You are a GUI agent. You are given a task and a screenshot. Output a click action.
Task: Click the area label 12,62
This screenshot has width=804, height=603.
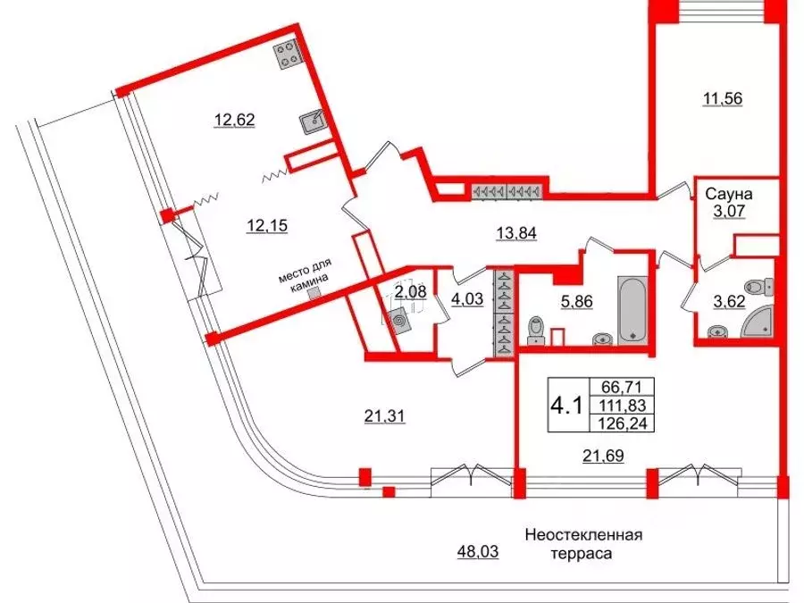pyautogui.click(x=235, y=119)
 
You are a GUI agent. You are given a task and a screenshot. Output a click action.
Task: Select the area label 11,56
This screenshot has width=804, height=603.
pyautogui.click(x=723, y=99)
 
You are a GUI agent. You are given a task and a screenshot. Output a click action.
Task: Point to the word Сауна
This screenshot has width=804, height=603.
pyautogui.click(x=730, y=193)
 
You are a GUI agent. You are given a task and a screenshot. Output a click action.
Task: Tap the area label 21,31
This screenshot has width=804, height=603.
pyautogui.click(x=386, y=415)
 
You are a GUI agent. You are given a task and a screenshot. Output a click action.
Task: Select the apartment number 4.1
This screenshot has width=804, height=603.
pyautogui.click(x=567, y=405)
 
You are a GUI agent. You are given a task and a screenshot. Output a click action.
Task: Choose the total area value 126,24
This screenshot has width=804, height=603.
pyautogui.click(x=628, y=423)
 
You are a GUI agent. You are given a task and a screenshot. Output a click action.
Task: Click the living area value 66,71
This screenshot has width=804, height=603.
pyautogui.click(x=628, y=386)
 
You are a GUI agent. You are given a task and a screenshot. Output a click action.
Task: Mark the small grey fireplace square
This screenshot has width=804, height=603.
pyautogui.click(x=312, y=293)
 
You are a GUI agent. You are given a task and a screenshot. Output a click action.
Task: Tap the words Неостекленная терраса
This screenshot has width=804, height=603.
pyautogui.click(x=583, y=545)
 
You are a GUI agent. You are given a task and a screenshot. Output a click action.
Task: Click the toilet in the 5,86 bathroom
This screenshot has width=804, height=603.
pyautogui.click(x=536, y=329)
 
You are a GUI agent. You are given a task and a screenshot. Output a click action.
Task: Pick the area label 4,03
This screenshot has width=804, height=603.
pyautogui.click(x=468, y=299)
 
